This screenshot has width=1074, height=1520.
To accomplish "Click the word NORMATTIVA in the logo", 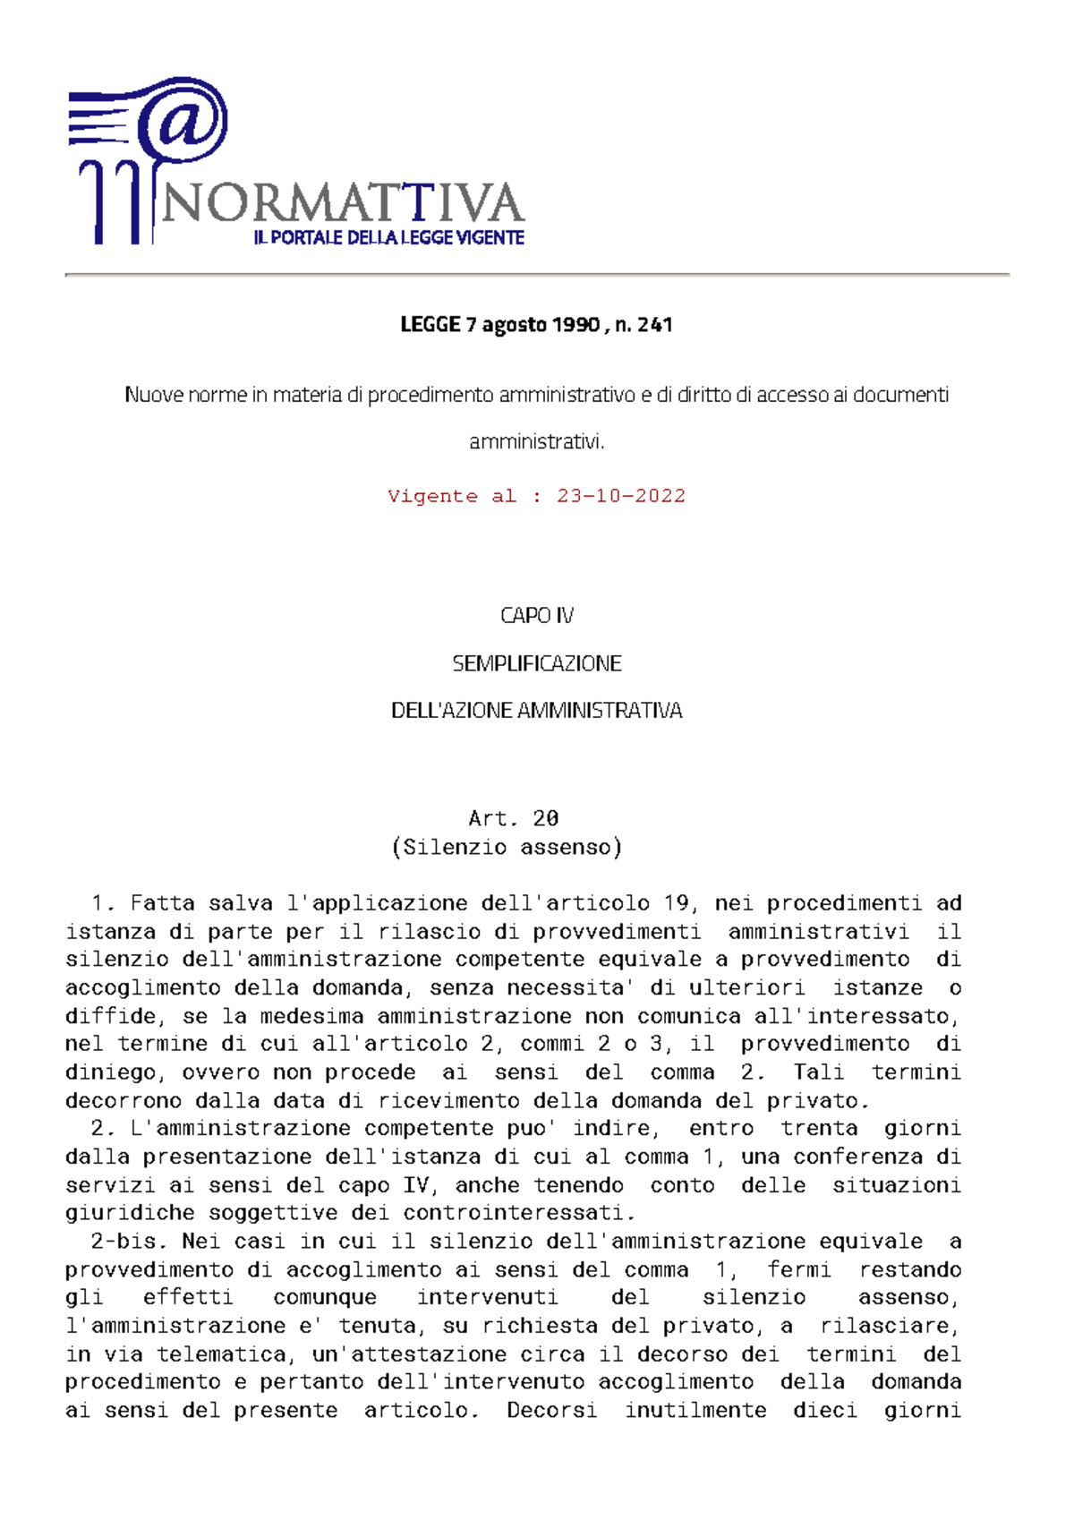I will pyautogui.click(x=341, y=203).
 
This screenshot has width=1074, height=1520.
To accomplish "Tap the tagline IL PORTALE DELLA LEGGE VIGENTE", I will pyautogui.click(x=388, y=238).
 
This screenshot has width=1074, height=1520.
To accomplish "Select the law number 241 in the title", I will pyautogui.click(x=655, y=325).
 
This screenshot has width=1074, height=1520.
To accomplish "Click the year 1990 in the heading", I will pyautogui.click(x=575, y=325).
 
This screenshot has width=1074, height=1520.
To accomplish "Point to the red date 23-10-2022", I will pyautogui.click(x=620, y=496).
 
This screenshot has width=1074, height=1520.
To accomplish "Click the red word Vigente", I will pyautogui.click(x=432, y=496).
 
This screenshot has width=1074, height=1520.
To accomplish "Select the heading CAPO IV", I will pyautogui.click(x=537, y=616).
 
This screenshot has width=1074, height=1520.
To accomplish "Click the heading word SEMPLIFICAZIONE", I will pyautogui.click(x=537, y=663).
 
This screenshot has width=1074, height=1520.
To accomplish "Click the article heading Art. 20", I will pyautogui.click(x=513, y=818).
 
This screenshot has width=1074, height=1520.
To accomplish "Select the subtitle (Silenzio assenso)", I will pyautogui.click(x=507, y=847).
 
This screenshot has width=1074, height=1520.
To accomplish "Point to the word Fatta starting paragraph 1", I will pyautogui.click(x=162, y=903).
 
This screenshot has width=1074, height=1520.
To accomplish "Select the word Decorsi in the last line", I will pyautogui.click(x=551, y=1411).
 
